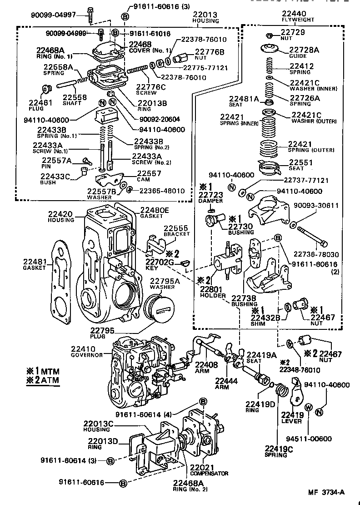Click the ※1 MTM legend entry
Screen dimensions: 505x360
click(43, 371)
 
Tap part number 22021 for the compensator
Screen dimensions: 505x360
click(202, 467)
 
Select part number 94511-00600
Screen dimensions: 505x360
click(309, 439)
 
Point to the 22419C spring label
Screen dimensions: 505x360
click(279, 449)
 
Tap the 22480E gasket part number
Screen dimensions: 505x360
click(154, 210)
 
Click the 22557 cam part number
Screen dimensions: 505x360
click(149, 173)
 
